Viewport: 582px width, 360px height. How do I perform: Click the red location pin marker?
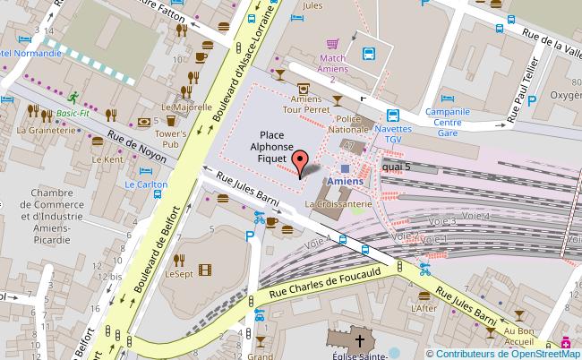tap(301, 161)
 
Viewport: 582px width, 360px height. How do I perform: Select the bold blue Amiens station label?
tap(346, 182)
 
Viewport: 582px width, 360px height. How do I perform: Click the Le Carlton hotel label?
tap(146, 184)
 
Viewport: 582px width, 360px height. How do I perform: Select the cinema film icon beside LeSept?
tap(207, 270)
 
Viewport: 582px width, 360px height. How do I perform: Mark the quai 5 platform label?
tap(396, 167)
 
